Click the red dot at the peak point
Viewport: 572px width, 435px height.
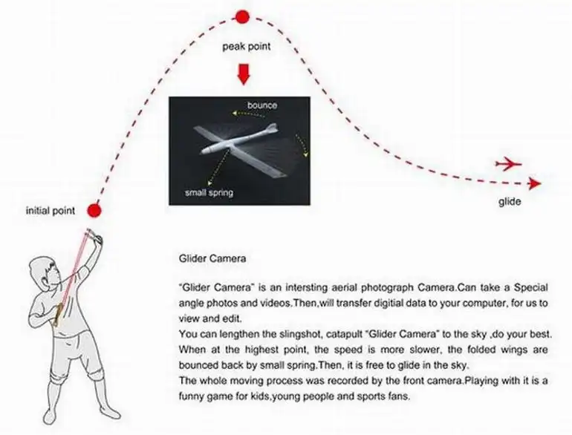[242, 17]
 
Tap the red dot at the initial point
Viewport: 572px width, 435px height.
[94, 210]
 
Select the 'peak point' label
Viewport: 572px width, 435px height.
[247, 47]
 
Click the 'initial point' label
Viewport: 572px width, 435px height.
[51, 211]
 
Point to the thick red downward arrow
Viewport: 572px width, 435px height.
[244, 74]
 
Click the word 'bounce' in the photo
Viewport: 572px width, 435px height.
[262, 105]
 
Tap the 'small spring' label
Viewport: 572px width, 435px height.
[209, 192]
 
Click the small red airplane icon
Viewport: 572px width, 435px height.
[509, 164]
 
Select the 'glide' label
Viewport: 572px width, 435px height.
[510, 202]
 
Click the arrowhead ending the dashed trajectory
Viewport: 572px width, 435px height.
[535, 183]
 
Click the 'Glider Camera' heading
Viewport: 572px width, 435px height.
[212, 258]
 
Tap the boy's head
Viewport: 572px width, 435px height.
[44, 274]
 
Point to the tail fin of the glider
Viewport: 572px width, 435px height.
[271, 128]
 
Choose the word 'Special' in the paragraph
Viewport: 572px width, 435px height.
[531, 288]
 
